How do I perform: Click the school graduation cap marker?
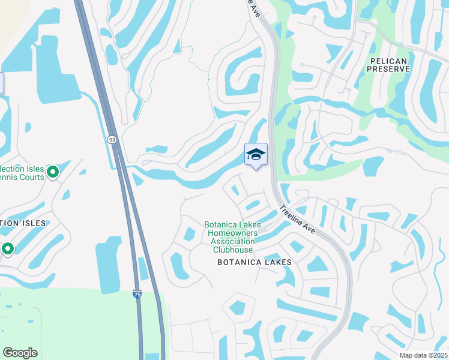(x=256, y=155)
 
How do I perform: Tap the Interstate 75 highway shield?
(x=137, y=295)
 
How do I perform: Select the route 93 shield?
(x=112, y=139)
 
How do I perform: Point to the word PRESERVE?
(x=390, y=69)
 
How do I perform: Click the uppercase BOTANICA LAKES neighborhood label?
(x=255, y=262)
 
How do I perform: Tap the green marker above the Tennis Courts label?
(x=53, y=172)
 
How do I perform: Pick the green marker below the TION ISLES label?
(x=8, y=248)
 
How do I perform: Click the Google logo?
(x=20, y=353)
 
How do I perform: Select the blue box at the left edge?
(x=1, y=83)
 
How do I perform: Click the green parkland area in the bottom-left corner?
(x=60, y=324)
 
